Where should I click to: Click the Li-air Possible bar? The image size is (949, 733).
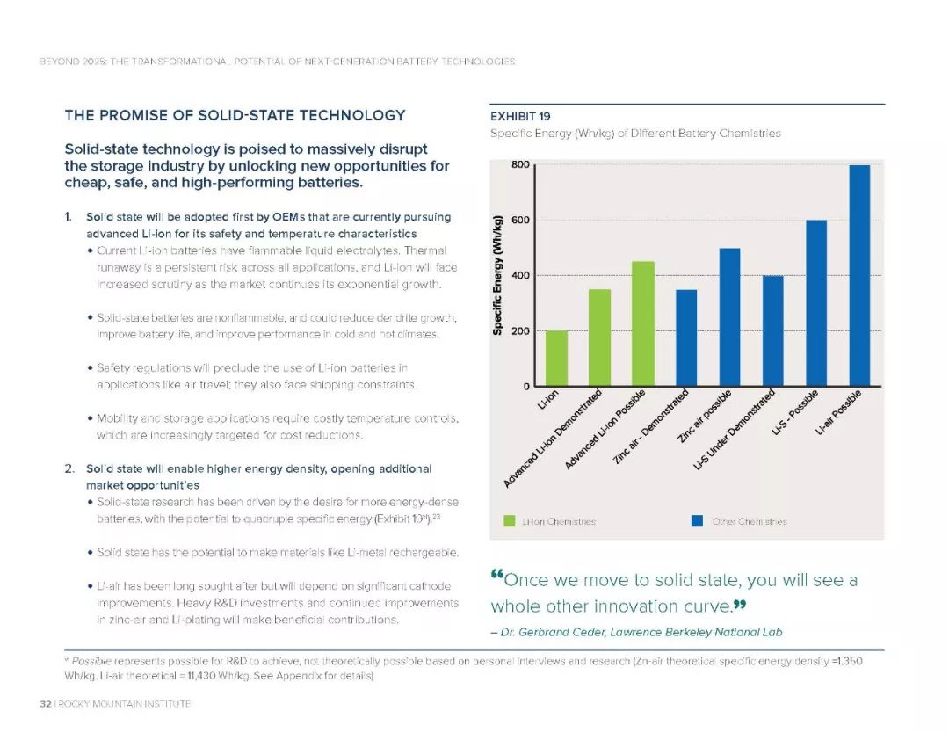(x=859, y=275)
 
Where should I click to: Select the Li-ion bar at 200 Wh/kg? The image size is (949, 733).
(x=557, y=359)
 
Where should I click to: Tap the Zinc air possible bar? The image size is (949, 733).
(x=729, y=317)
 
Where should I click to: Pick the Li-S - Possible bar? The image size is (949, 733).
(x=815, y=303)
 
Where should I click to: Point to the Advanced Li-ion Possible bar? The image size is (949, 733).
(x=643, y=323)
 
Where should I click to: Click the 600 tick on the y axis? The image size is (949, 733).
(x=520, y=221)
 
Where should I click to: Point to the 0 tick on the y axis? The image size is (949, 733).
(x=526, y=386)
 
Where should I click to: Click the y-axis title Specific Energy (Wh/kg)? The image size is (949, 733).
(x=497, y=275)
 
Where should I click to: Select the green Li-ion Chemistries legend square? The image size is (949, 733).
(x=510, y=521)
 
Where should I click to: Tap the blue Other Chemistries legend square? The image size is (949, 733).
(x=697, y=521)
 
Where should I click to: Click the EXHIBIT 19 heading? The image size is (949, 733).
(x=520, y=116)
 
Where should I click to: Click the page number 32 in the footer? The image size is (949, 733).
(x=45, y=704)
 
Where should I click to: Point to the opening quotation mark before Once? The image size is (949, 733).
(x=496, y=575)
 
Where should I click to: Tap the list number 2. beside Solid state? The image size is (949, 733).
(x=69, y=468)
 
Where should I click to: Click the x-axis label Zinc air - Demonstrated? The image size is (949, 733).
(x=650, y=427)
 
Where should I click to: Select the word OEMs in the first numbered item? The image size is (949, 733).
(x=289, y=217)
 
